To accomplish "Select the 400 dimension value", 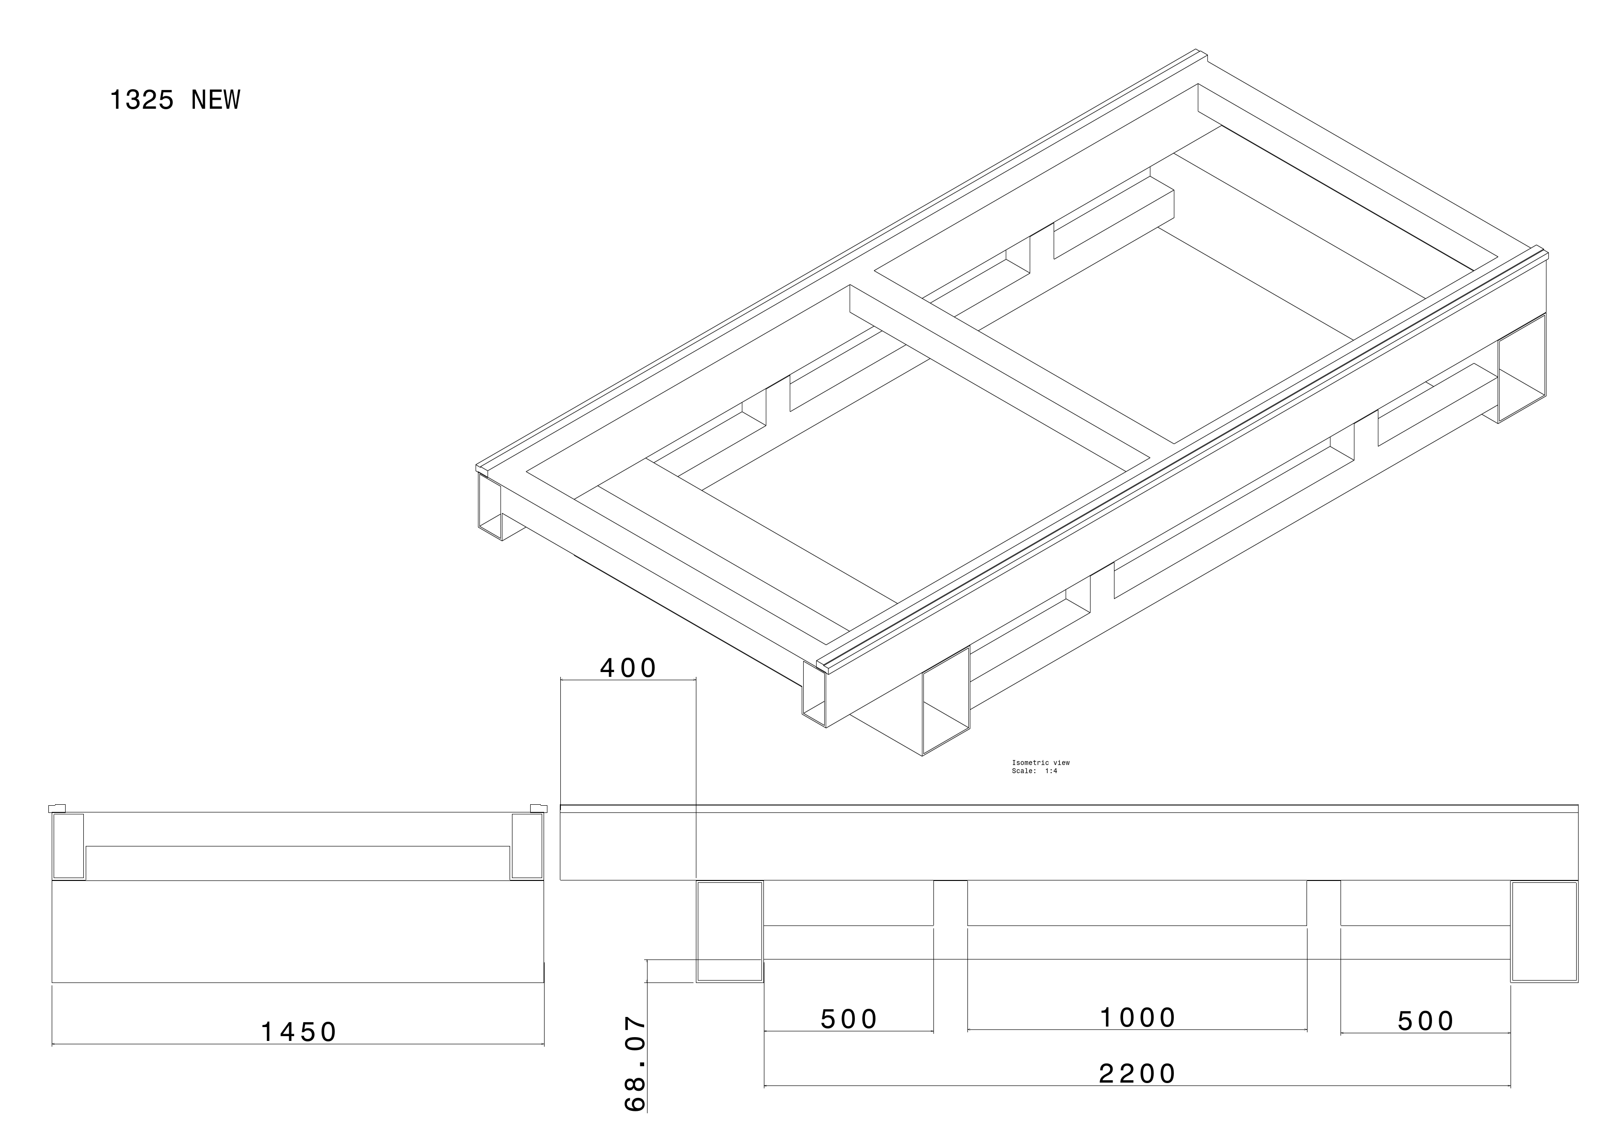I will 628,668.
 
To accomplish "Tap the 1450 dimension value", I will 299,1032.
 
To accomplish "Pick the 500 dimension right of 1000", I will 1425,1021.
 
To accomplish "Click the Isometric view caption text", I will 1040,763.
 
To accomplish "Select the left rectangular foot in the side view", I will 730,931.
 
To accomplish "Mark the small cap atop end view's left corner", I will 57,808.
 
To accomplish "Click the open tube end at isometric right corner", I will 1522,369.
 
